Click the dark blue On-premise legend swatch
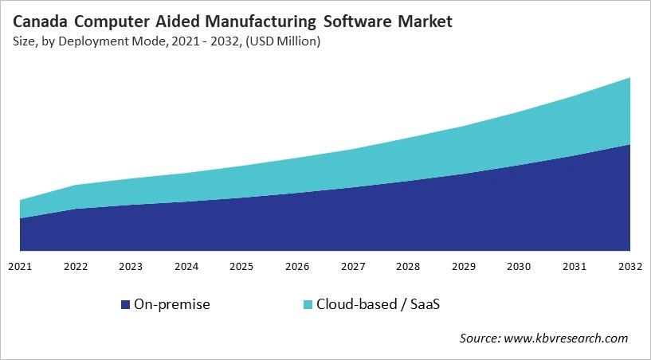(125, 304)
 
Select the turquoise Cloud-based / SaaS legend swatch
(308, 304)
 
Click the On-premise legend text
(172, 304)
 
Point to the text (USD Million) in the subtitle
(282, 42)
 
